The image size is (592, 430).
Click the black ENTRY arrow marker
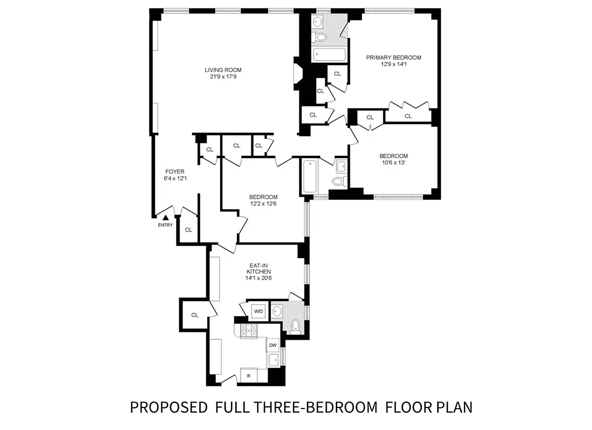tap(166, 217)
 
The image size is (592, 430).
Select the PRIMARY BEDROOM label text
tap(393, 58)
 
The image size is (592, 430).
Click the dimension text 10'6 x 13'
tap(393, 163)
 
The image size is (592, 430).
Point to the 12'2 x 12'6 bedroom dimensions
tap(263, 204)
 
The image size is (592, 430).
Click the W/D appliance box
tap(258, 311)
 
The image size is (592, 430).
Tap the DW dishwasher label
tap(273, 345)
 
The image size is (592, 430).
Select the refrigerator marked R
tap(249, 376)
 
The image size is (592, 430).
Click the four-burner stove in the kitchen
tap(249, 331)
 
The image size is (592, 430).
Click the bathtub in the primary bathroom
tap(329, 54)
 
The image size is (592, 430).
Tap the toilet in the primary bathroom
tap(321, 37)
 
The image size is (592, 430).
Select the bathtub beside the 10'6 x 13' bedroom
tap(309, 176)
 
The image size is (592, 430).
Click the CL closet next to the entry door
tap(188, 230)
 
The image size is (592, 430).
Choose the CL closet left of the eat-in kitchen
tap(194, 315)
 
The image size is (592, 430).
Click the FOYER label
tap(174, 172)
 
